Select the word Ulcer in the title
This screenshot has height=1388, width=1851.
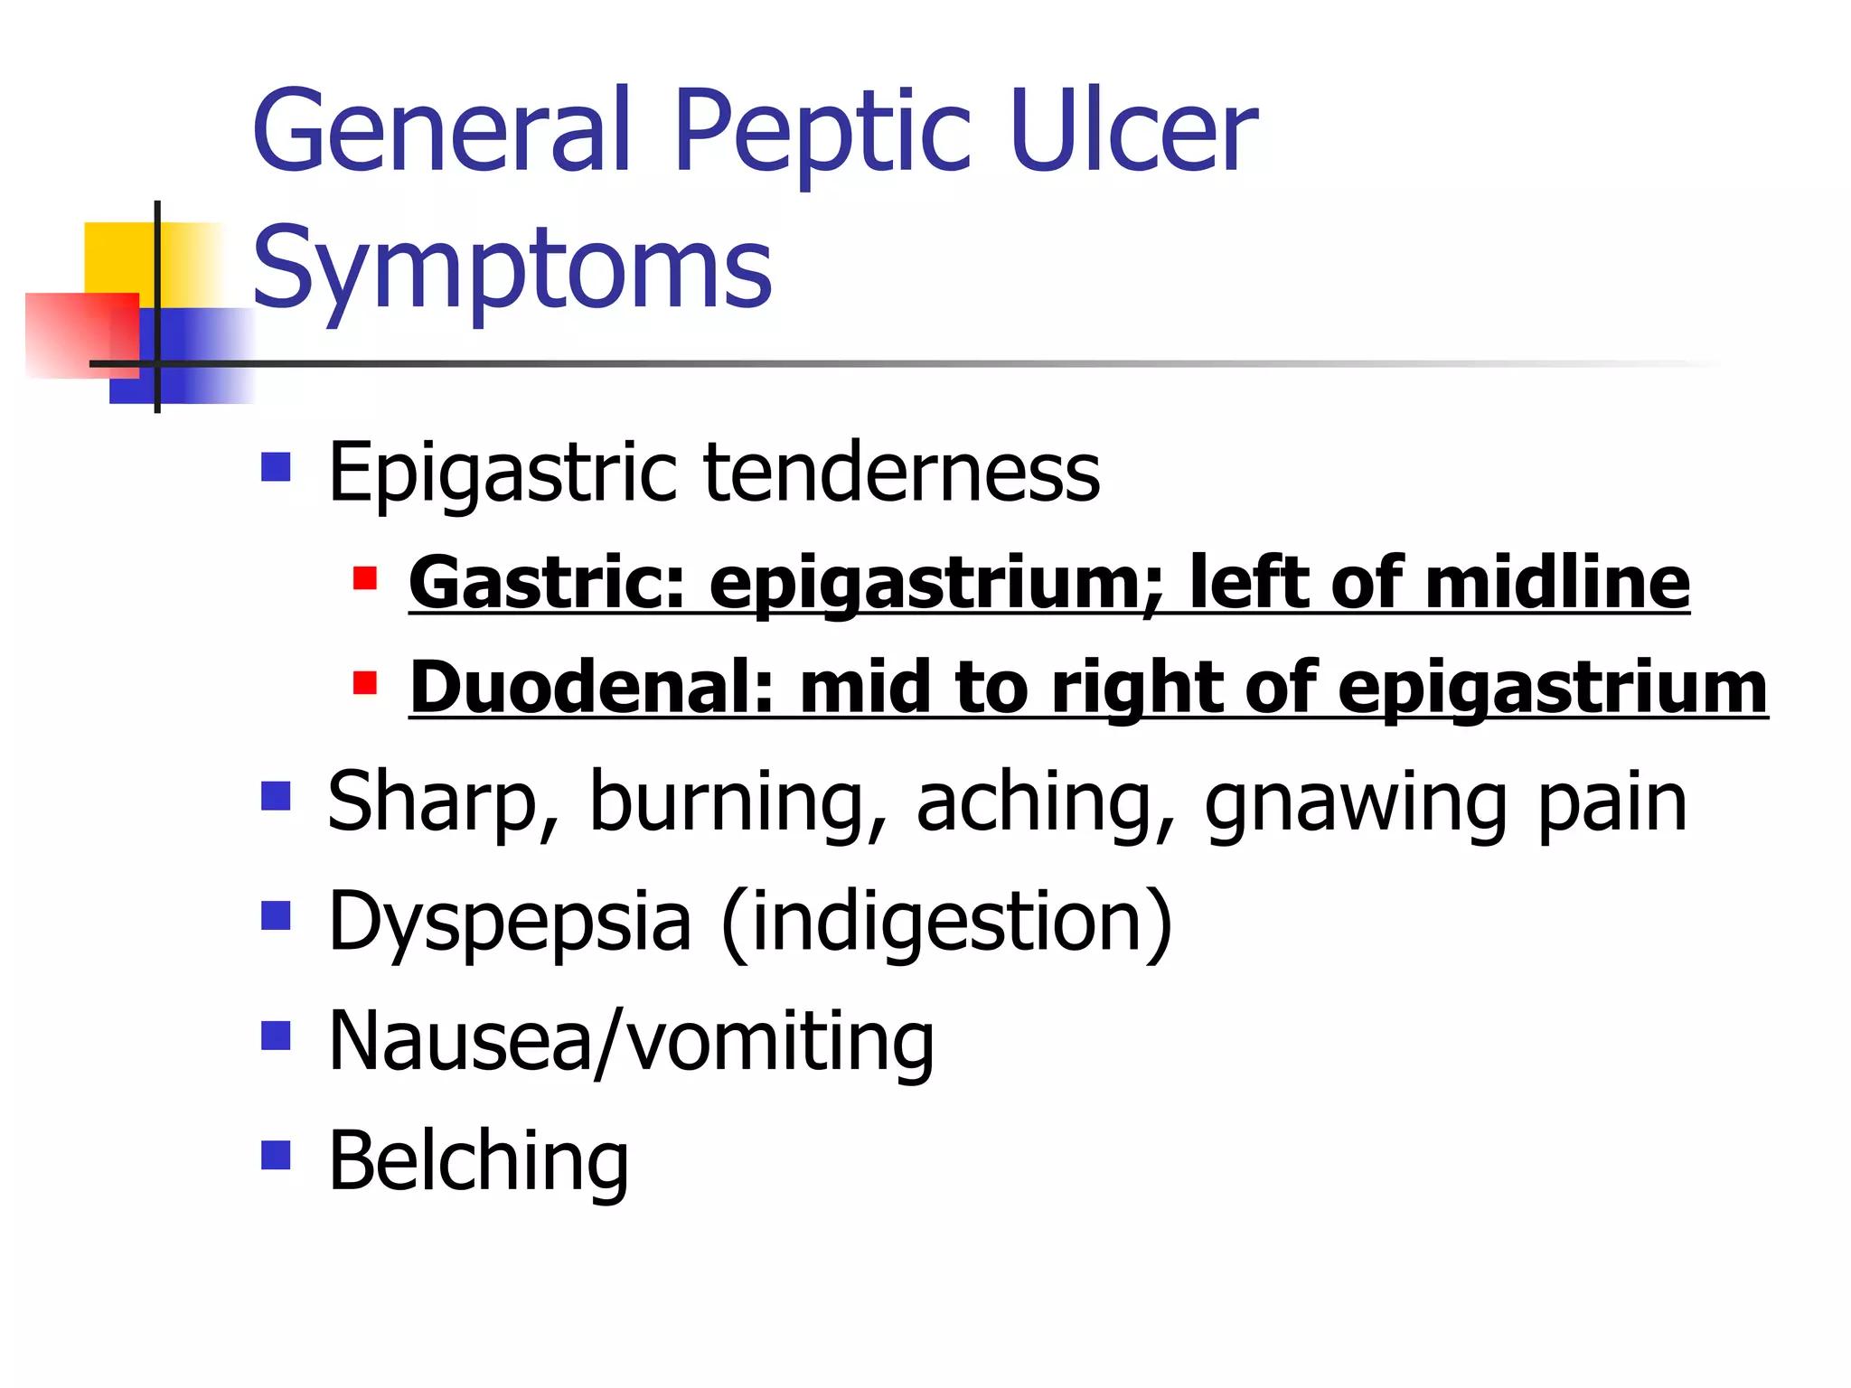[x=1133, y=131]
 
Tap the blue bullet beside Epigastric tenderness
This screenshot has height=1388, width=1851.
[x=276, y=467]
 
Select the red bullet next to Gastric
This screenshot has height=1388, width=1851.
[x=365, y=577]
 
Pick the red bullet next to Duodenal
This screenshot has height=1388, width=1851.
[x=365, y=682]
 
